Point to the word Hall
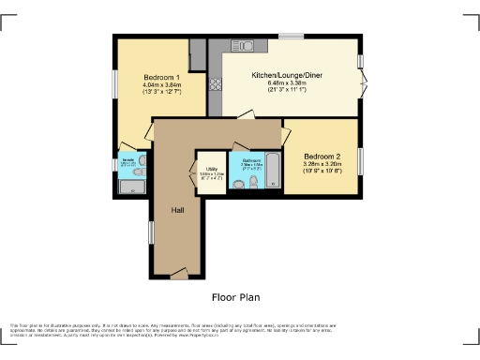(x=176, y=210)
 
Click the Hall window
(x=151, y=232)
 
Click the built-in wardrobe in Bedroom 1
(x=197, y=55)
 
